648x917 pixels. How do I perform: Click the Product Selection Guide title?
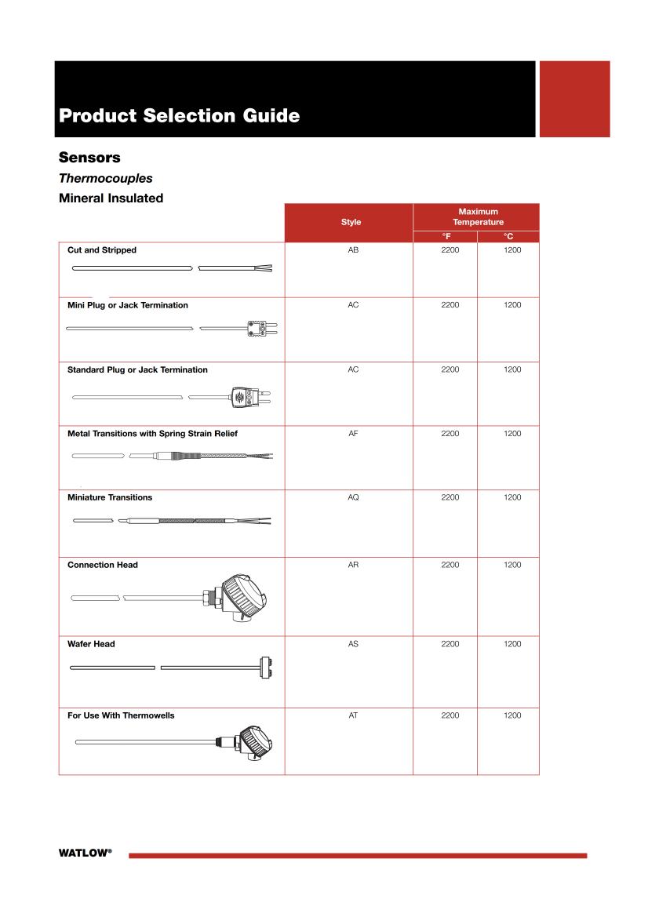(179, 116)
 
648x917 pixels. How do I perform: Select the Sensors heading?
(89, 158)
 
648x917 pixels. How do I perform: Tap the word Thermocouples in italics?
(105, 178)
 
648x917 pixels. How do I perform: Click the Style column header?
(351, 222)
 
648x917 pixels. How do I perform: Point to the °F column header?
(446, 236)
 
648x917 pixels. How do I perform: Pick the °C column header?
(508, 236)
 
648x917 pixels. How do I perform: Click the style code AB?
(353, 249)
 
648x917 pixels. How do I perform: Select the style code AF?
(353, 433)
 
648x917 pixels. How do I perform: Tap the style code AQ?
(353, 497)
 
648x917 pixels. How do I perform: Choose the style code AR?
(353, 565)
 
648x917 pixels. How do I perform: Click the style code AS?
(353, 644)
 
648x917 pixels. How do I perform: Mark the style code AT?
(353, 715)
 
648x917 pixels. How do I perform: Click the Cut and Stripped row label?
(102, 250)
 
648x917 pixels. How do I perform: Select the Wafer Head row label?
(91, 644)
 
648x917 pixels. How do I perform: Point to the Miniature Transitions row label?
(110, 497)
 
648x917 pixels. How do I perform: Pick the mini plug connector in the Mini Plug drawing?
(257, 327)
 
